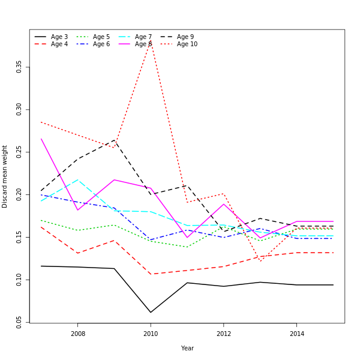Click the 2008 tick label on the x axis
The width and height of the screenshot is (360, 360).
pyautogui.click(x=78, y=334)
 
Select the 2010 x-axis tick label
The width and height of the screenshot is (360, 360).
pyautogui.click(x=151, y=334)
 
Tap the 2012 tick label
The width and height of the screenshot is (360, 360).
pyautogui.click(x=224, y=334)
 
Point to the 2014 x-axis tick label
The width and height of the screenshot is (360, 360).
pyautogui.click(x=296, y=334)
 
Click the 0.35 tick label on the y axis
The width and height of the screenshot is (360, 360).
pyautogui.click(x=19, y=66)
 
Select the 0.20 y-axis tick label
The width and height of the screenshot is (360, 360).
pyautogui.click(x=19, y=194)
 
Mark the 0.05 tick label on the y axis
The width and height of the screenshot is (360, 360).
pyautogui.click(x=19, y=322)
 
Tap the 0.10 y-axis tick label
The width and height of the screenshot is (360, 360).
pyautogui.click(x=19, y=280)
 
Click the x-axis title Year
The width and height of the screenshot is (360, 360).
pyautogui.click(x=187, y=348)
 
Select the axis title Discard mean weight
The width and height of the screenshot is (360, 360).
pyautogui.click(x=5, y=176)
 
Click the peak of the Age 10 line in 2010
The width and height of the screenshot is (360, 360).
pyautogui.click(x=151, y=41)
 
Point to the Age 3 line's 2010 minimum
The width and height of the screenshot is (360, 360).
pyautogui.click(x=151, y=312)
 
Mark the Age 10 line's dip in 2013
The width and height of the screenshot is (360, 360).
pyautogui.click(x=260, y=261)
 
